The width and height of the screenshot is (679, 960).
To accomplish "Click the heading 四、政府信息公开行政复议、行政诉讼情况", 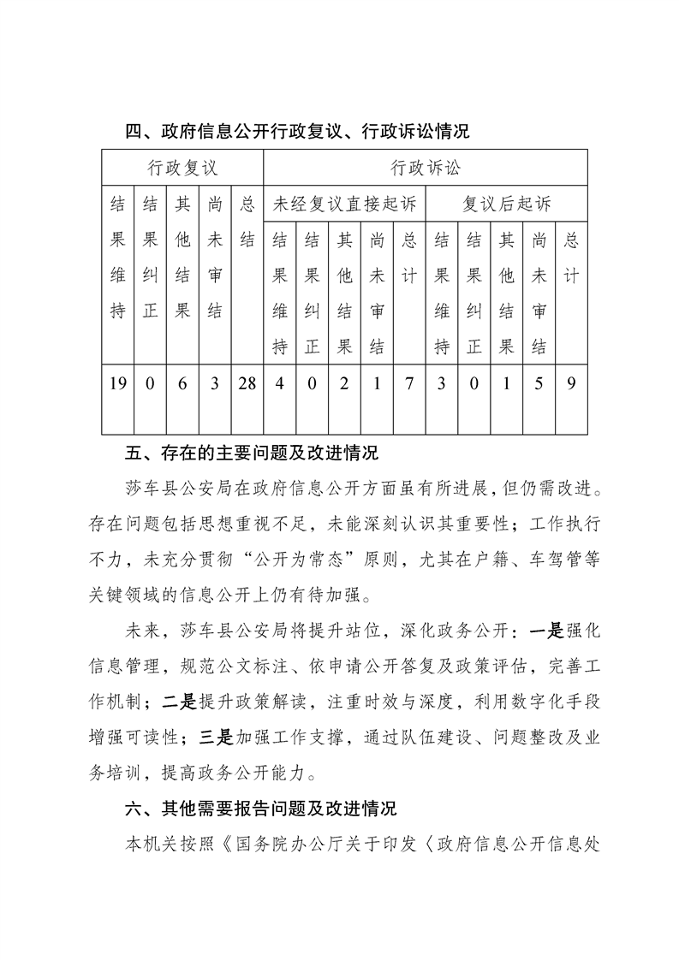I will pos(297,132).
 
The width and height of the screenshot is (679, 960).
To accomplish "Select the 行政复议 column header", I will pos(182,166).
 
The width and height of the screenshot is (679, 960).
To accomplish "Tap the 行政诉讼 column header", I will pos(425,166).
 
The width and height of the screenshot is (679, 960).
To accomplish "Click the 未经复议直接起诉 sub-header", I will pos(343,204).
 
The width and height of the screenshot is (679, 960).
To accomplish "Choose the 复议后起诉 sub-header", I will pos(506,204).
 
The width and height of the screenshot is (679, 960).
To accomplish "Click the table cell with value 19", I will pos(118,383).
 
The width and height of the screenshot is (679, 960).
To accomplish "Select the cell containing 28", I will pos(247,383).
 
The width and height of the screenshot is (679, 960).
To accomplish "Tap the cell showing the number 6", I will pos(182,383).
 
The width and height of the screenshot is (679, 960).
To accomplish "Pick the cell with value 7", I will pos(409,383).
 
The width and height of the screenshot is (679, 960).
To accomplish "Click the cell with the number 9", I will pos(570,383).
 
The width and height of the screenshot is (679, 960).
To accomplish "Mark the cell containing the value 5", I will pos(539,383).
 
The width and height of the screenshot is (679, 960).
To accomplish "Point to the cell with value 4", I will pos(279,383).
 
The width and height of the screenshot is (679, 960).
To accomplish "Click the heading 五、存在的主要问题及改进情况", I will pos(252,452).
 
